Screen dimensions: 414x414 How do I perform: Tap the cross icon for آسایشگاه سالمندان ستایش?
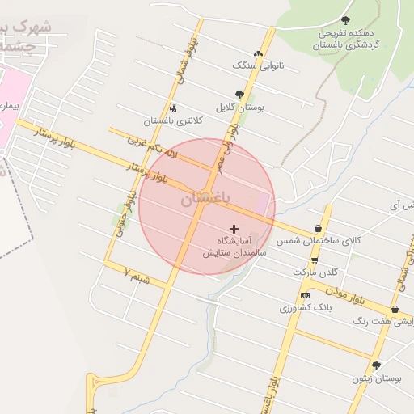(234, 230)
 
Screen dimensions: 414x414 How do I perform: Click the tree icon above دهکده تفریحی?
(346, 20)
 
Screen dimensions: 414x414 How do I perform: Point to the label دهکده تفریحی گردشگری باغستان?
(347, 40)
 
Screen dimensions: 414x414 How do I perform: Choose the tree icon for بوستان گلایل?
(239, 95)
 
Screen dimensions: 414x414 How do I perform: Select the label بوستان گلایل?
(239, 107)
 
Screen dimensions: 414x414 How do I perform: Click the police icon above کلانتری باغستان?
(172, 108)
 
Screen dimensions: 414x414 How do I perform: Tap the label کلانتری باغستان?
(173, 120)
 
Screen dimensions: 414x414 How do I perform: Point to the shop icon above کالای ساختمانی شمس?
(318, 229)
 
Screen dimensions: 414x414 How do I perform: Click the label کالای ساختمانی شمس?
(318, 241)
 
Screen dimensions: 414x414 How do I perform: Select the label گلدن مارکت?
(315, 272)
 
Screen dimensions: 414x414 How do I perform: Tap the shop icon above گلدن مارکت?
(315, 260)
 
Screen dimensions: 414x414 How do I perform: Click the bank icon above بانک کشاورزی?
(304, 295)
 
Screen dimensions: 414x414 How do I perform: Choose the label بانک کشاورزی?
(304, 308)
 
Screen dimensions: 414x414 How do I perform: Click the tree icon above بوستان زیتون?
(376, 365)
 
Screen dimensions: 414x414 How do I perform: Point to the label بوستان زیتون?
(377, 378)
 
